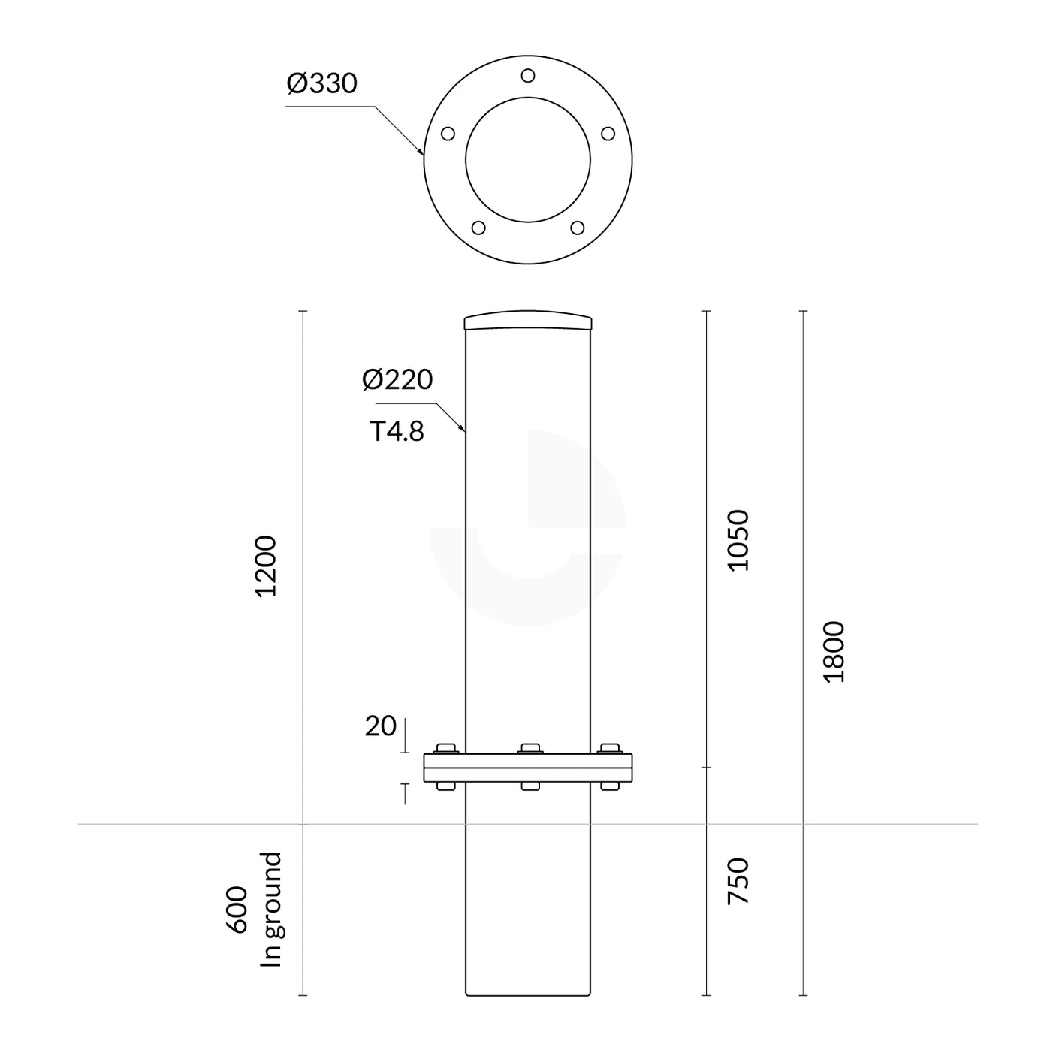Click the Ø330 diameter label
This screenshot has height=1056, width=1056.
coord(321,83)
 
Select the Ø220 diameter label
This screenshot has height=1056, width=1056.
coord(397,379)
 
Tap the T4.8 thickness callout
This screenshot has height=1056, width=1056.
coord(397,431)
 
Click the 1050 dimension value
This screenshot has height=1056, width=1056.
coord(739,540)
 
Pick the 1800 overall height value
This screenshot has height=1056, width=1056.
coord(834,651)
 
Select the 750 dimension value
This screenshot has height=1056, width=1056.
coord(739,880)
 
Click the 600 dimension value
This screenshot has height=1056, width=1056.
coord(237,910)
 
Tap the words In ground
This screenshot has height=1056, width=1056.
coord(270,910)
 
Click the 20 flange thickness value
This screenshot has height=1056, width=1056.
coord(380,726)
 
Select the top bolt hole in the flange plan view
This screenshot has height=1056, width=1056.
coord(528,76)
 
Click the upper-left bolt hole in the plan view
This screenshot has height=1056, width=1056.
coord(448,134)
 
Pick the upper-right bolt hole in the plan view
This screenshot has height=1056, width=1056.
coord(608,134)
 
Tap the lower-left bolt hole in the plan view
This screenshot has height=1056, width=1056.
coord(478,228)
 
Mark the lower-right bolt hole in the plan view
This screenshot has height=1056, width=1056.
coord(578,228)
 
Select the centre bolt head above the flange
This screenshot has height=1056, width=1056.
coord(530,748)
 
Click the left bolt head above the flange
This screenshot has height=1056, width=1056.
coord(446,748)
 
